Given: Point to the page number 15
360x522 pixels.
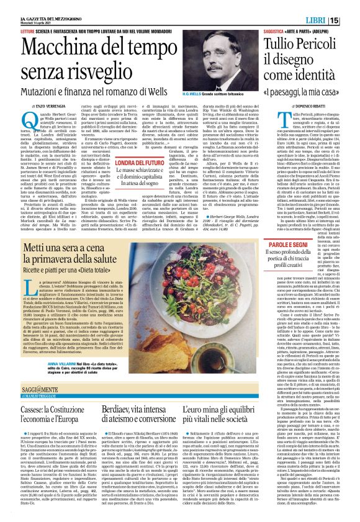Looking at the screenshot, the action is coord(351,20).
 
